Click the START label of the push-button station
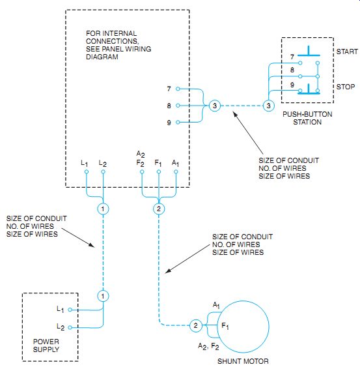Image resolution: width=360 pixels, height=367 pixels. (347, 51)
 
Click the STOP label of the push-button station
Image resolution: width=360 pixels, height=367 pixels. (346, 87)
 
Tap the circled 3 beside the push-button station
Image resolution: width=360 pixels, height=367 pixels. (269, 106)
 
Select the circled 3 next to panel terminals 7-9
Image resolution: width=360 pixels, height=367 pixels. (215, 106)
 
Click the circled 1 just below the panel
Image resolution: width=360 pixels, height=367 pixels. (103, 209)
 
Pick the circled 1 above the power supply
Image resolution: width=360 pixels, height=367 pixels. (103, 296)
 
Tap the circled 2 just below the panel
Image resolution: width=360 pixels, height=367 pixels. (159, 209)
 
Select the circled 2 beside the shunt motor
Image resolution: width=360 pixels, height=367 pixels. (195, 325)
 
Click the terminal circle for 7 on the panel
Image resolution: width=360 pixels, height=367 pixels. (178, 89)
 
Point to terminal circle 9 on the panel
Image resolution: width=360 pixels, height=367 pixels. (178, 122)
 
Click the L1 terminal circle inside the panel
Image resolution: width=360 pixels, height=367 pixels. (87, 172)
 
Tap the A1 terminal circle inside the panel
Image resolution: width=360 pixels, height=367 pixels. (176, 172)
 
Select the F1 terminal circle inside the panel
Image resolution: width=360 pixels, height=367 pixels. (159, 172)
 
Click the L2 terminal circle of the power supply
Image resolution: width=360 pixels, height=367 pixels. (70, 327)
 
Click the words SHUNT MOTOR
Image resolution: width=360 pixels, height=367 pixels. (243, 361)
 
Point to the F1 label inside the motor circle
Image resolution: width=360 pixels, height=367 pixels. (225, 326)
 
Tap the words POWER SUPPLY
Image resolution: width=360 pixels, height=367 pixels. (46, 345)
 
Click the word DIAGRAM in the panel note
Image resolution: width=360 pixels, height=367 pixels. (102, 57)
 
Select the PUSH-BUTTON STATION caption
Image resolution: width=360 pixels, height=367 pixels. (307, 118)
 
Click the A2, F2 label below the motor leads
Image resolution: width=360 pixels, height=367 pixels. (208, 346)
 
